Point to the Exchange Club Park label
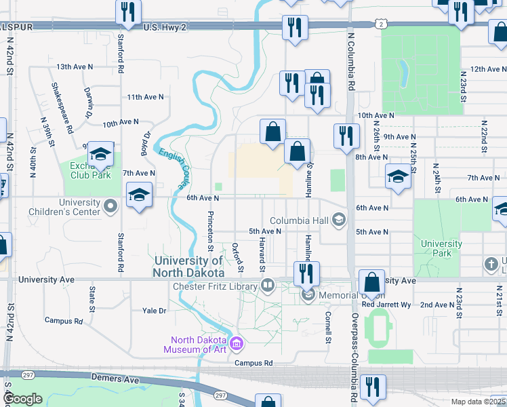click(x=90, y=170)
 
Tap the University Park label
click(x=441, y=248)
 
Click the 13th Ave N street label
click(x=76, y=67)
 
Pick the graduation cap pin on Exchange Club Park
click(x=100, y=155)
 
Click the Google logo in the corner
click(x=22, y=400)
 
